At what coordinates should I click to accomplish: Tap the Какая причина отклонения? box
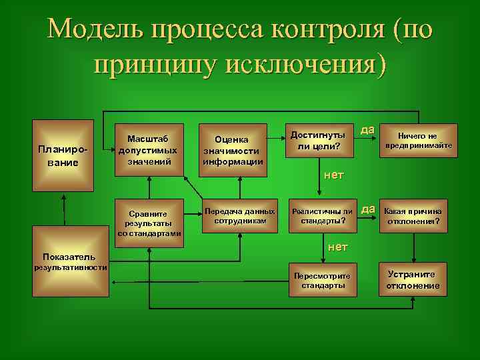click(x=413, y=215)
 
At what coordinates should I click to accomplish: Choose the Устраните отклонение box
click(x=413, y=281)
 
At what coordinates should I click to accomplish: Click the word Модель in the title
click(x=94, y=29)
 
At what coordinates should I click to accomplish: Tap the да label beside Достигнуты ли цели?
click(x=367, y=129)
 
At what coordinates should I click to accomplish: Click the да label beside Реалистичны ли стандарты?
click(x=368, y=209)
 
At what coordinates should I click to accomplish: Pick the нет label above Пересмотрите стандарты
click(x=338, y=247)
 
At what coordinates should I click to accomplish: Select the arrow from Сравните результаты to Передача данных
click(x=192, y=215)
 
